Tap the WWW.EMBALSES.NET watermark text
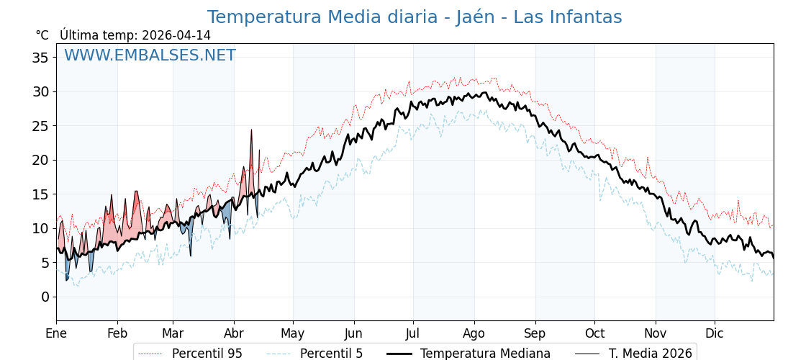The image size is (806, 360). [x=150, y=55]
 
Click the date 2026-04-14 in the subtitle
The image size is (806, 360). [x=176, y=35]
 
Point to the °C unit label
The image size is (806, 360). [x=42, y=35]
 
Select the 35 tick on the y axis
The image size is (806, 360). [x=40, y=58]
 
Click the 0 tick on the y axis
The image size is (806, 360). [x=45, y=297]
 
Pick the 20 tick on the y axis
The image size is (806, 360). [x=40, y=160]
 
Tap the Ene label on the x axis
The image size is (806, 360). [x=56, y=333]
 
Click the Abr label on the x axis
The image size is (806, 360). [x=234, y=333]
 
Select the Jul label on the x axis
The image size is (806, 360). [x=413, y=333]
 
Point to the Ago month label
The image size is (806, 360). [x=474, y=333]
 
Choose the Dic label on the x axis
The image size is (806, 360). [x=715, y=333]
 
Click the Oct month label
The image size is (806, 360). [x=594, y=333]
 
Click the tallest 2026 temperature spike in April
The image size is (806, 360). [x=251, y=131]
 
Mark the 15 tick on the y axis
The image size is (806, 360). [x=40, y=194]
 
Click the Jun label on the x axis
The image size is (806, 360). [x=353, y=333]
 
